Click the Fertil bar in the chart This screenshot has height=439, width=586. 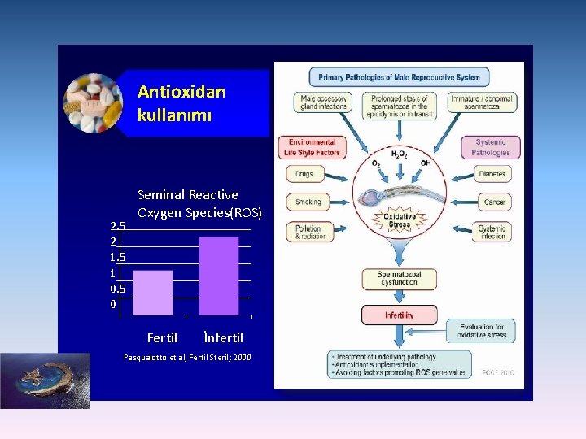coord(152,292)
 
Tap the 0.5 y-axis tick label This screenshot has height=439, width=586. coord(118,289)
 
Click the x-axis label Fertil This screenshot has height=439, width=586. coord(162,337)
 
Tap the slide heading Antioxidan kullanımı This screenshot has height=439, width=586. coord(181,103)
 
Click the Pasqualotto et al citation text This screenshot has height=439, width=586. coord(186,358)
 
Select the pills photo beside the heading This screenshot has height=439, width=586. coord(92,102)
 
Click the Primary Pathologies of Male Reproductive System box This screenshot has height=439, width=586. coord(399,78)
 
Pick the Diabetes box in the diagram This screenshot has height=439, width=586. coord(492,174)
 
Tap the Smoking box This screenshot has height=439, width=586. coord(308,202)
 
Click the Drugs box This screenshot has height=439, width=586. coord(304,174)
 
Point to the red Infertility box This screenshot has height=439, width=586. coord(399,315)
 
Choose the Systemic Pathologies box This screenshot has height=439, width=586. coord(491,147)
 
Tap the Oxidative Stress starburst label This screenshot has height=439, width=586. coord(400,220)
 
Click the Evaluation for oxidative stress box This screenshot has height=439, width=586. coord(483,329)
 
